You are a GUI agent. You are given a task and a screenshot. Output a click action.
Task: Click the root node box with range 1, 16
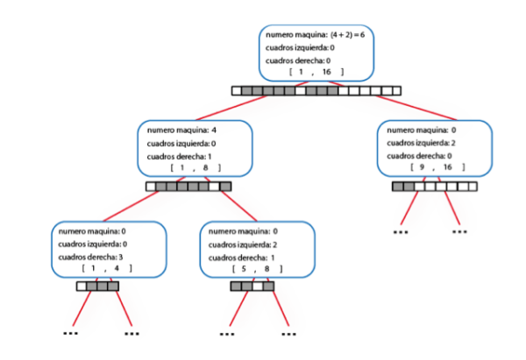tap(316, 53)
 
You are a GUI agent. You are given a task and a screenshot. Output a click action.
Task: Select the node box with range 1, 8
tap(195, 148)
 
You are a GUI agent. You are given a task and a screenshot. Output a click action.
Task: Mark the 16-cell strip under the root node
tap(316, 90)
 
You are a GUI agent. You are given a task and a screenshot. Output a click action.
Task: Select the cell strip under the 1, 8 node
tap(188, 186)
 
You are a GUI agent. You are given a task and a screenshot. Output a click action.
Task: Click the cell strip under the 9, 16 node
tap(435, 186)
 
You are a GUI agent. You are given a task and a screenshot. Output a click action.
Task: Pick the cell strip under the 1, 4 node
tap(97, 286)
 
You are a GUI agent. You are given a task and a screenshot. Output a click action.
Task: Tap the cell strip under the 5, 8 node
tap(252, 286)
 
